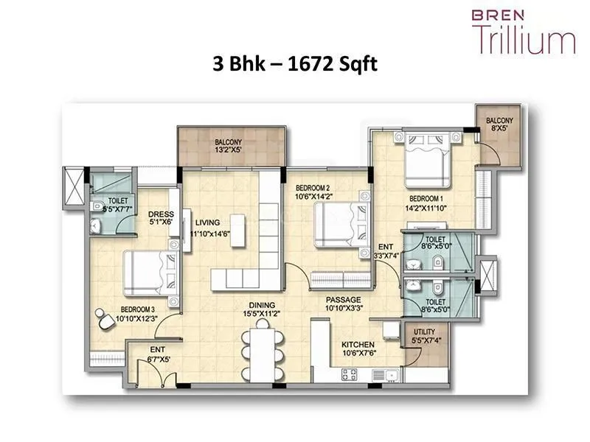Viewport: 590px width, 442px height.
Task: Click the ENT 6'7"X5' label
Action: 158,354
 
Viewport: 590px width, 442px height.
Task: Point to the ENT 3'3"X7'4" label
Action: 386,251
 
